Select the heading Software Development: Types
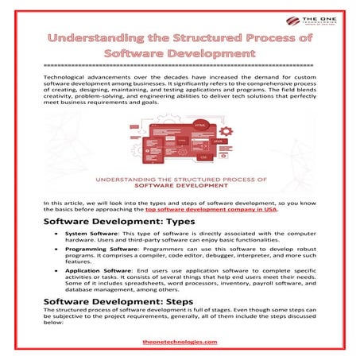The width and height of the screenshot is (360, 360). [110, 219]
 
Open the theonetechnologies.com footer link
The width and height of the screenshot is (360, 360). [180, 342]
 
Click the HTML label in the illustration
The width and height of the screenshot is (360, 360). [200, 126]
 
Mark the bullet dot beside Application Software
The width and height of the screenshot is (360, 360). [56, 271]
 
